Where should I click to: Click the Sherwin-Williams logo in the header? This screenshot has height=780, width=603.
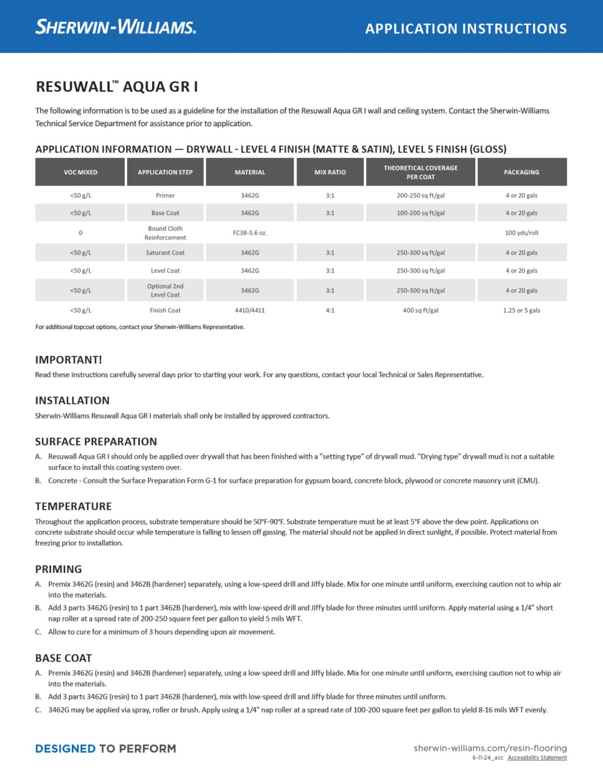pos(116,27)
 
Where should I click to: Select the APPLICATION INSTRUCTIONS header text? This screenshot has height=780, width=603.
pos(466,29)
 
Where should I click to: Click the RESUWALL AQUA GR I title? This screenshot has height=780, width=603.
pos(116,87)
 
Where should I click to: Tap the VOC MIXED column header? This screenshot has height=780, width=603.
pos(80,172)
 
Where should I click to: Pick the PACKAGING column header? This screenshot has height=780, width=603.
pos(521,172)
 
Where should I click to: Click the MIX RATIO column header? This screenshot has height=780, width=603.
pos(330,172)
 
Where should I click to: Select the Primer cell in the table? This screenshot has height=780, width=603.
pos(165,196)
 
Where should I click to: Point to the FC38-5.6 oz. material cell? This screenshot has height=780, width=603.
pos(250,233)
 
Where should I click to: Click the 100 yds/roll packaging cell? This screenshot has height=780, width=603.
pos(521,233)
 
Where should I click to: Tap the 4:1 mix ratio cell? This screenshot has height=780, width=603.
pos(330,310)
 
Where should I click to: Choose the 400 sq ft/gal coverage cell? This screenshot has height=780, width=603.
pos(420,310)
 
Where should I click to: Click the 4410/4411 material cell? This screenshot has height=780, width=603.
pos(250,310)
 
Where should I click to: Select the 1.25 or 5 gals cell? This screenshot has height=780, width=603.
pos(521,310)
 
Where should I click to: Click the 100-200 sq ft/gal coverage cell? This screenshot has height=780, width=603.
pos(420,213)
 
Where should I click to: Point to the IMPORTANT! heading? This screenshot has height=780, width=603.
pos(68,360)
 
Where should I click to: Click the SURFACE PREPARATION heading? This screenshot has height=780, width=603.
pos(96,442)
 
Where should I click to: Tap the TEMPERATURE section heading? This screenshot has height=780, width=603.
pos(73,506)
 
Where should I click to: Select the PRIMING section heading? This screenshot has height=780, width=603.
pos(58,569)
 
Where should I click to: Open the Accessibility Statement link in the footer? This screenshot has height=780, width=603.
pos(537,758)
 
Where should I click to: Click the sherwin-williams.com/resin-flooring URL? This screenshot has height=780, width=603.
pos(490,748)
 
